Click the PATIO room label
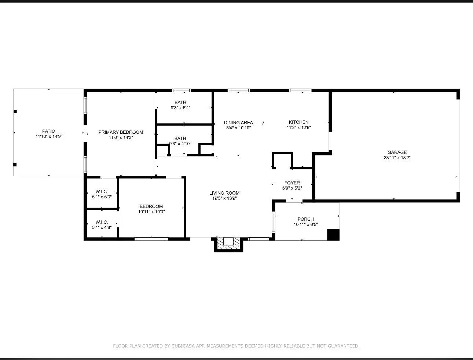point(49,131)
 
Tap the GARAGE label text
point(397,152)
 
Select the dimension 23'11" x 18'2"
point(397,158)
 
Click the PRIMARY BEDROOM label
point(121,132)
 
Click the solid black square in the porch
point(333,234)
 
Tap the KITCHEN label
point(298,122)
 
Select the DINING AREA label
point(238,123)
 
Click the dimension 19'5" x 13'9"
point(224,198)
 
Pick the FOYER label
point(292,183)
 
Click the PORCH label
point(305,219)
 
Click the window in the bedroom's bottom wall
point(151,239)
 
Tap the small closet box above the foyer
point(282,161)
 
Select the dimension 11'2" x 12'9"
point(298,128)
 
